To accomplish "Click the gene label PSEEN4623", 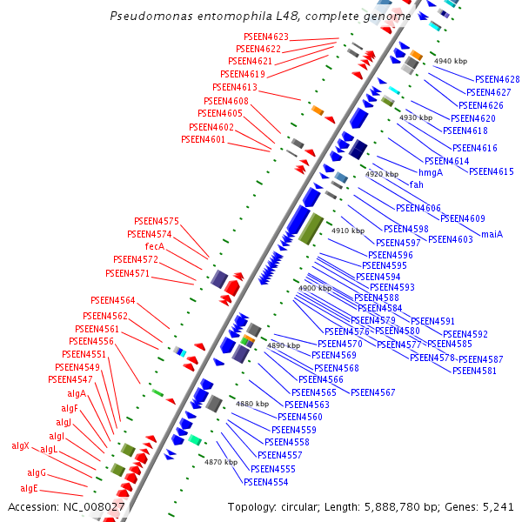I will click(266, 37).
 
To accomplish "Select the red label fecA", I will click(155, 246).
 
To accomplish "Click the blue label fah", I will click(417, 184).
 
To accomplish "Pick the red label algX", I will click(20, 445).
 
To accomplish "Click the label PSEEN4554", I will click(266, 482).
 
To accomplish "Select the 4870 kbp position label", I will click(221, 462).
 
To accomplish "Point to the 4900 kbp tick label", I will click(314, 288).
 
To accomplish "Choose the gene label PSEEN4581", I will click(475, 371).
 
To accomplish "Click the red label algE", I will click(30, 488).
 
